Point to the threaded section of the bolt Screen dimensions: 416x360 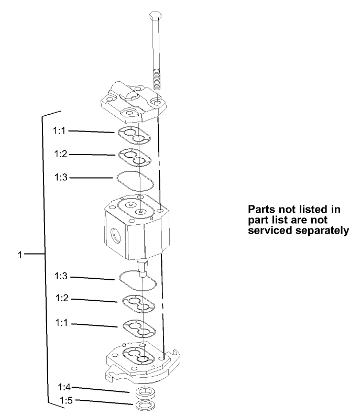tap(156, 79)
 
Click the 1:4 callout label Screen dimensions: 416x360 tap(64, 387)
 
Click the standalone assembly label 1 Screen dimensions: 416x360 tap(20, 255)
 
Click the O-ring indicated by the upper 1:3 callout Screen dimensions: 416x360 tap(134, 180)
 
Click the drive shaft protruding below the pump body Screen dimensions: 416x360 tap(142, 267)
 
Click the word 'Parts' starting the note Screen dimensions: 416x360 tap(260, 209)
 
